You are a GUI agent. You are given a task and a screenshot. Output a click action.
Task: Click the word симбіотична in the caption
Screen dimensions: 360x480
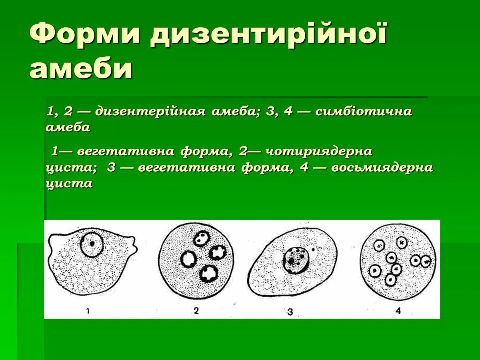pyautogui.click(x=363, y=111)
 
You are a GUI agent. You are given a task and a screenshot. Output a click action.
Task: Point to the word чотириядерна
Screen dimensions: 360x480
pyautogui.click(x=319, y=152)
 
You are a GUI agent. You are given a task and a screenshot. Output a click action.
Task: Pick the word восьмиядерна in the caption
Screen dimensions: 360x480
pyautogui.click(x=382, y=167)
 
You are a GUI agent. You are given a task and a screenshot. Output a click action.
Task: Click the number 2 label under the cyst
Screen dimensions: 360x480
pyautogui.click(x=196, y=311)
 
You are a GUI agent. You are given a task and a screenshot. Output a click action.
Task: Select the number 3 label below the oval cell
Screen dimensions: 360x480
pyautogui.click(x=290, y=312)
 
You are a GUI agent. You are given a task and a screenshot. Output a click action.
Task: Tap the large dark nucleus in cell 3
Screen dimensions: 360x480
pyautogui.click(x=296, y=260)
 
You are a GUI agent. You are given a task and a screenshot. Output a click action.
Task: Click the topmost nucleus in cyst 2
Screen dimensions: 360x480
pyautogui.click(x=202, y=239)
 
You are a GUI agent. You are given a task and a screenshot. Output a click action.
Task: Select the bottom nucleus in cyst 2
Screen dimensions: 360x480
pyautogui.click(x=209, y=274)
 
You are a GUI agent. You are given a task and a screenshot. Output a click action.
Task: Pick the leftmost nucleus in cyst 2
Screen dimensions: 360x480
pyautogui.click(x=187, y=260)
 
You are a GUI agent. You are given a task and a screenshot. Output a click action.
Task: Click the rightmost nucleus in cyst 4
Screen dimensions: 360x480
pyautogui.click(x=426, y=262)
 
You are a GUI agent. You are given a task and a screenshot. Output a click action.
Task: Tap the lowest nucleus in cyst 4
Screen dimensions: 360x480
pyautogui.click(x=390, y=280)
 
